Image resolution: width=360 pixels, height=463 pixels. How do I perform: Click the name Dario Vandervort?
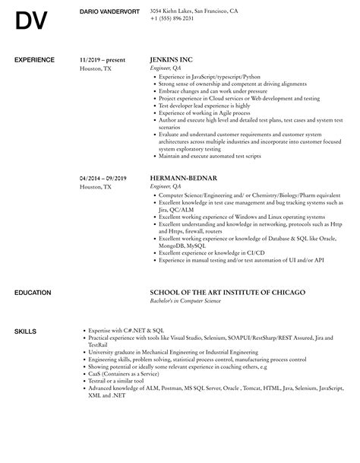click(x=109, y=11)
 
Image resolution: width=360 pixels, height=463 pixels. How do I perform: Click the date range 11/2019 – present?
click(x=103, y=59)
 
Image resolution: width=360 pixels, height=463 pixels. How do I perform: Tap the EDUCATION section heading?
click(x=33, y=292)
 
